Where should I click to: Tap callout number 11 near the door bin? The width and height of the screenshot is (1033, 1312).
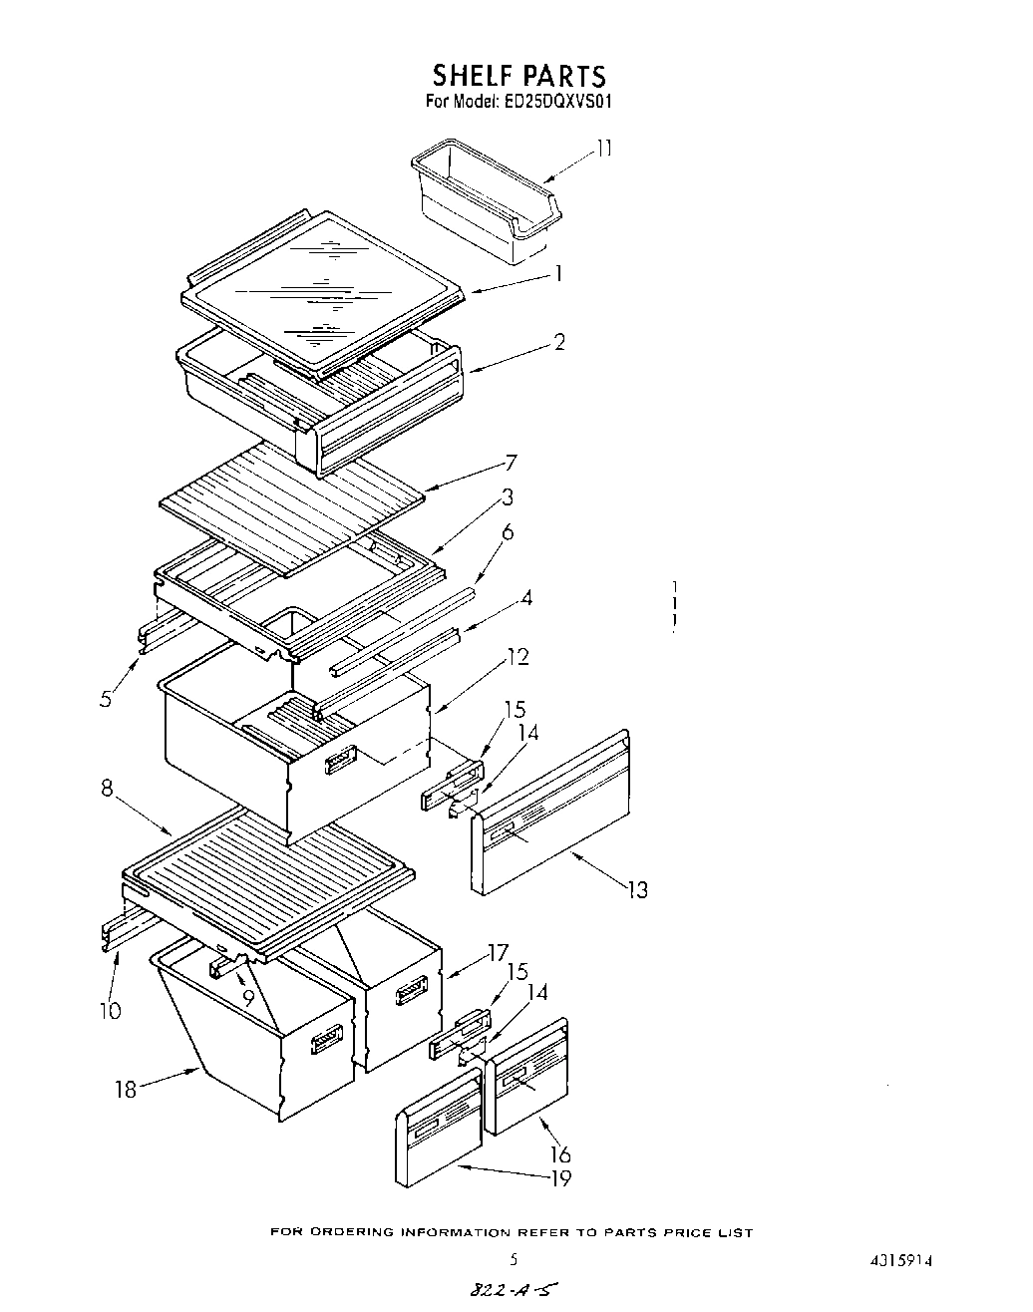tap(604, 149)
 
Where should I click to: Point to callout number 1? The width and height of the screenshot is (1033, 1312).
tap(559, 273)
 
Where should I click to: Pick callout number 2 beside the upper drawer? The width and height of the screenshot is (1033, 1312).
tap(559, 342)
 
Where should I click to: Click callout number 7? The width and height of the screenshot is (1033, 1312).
tap(511, 463)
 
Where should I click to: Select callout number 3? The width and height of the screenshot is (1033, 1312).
tap(508, 497)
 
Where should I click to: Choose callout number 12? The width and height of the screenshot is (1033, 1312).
tap(517, 657)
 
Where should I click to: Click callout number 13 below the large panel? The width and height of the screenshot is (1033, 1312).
tap(637, 889)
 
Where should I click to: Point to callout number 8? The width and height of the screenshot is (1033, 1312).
tap(108, 790)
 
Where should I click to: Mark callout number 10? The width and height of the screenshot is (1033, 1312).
tap(110, 1011)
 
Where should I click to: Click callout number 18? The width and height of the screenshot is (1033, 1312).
tap(126, 1089)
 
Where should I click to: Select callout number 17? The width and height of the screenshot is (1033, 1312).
tap(499, 951)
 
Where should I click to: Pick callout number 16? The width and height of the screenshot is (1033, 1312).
tap(560, 1153)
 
